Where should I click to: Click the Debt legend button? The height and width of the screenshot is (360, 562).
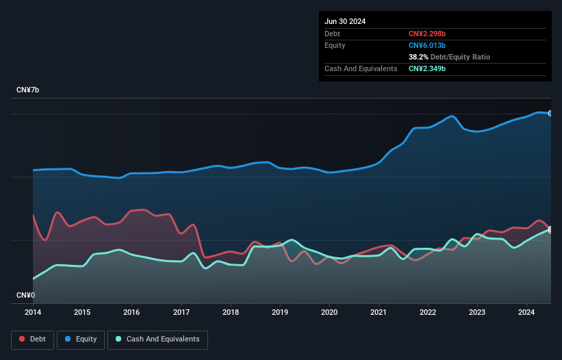[x=32, y=339]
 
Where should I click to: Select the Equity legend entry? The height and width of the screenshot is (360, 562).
[x=81, y=339]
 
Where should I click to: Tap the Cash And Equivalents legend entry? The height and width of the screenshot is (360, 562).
[x=157, y=339]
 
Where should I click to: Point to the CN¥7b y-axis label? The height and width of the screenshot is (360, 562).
[x=28, y=90]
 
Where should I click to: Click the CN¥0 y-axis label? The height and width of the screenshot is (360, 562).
[x=25, y=295]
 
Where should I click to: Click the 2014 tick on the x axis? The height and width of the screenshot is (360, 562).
[x=33, y=312]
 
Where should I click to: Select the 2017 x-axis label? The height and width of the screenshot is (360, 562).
[x=181, y=312]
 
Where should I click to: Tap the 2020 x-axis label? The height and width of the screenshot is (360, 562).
[x=329, y=312]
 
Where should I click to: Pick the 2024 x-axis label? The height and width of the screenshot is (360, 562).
[x=526, y=312]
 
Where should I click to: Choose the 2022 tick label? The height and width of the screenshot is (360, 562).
[x=428, y=312]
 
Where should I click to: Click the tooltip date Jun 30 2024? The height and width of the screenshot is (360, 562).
[x=345, y=21]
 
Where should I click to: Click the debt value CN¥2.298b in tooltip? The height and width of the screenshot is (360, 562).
[x=427, y=34]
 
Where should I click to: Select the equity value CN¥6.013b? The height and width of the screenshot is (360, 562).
[x=427, y=45]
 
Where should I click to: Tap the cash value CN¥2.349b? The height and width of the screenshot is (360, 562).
[x=427, y=68]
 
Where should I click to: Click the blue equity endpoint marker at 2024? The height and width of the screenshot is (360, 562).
[x=550, y=113]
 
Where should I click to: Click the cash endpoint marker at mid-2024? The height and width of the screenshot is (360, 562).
[x=550, y=229]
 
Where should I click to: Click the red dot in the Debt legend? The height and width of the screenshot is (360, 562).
[x=22, y=339]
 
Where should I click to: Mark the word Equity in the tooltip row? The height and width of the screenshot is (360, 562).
[x=335, y=45]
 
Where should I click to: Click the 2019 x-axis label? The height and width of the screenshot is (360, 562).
[x=280, y=312]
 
